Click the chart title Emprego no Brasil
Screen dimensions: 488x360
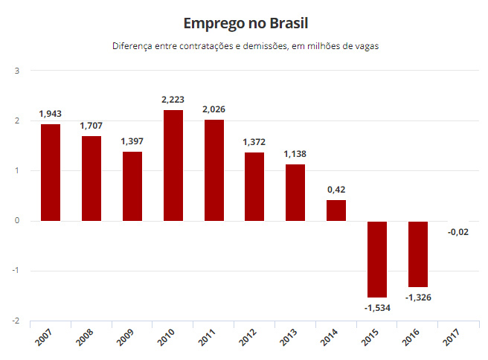click(245, 24)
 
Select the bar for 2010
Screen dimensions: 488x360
click(173, 166)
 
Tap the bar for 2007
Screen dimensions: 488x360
click(51, 173)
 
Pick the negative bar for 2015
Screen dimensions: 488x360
click(377, 260)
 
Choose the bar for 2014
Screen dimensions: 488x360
click(336, 210)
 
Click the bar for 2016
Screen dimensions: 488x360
click(418, 254)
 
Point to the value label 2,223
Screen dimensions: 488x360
click(173, 100)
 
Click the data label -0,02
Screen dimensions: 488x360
click(458, 232)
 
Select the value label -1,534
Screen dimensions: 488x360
click(377, 308)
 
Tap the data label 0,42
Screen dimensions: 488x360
click(336, 190)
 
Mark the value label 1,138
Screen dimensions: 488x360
click(295, 154)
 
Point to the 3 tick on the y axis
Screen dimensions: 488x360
click(17, 71)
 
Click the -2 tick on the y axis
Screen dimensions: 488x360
click(16, 321)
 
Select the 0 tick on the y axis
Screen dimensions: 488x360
click(17, 221)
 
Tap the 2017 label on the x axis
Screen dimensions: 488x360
click(452, 337)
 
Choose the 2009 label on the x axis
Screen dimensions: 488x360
click(125, 337)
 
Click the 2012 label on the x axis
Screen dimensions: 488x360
click(248, 337)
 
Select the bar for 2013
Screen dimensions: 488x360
click(295, 193)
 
